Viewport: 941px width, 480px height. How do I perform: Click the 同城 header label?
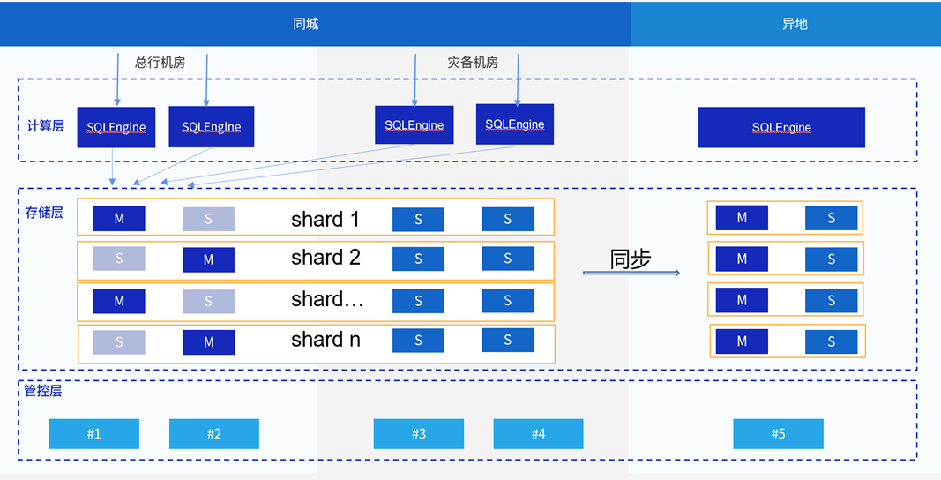click(305, 24)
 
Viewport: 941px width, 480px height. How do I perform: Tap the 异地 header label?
click(795, 24)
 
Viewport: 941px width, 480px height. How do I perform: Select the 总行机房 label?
click(161, 63)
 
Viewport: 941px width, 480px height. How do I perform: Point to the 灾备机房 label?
click(473, 63)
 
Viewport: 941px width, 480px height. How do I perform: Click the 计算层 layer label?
click(46, 126)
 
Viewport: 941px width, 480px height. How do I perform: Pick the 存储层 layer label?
click(44, 213)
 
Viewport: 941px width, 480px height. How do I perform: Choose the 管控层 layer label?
click(43, 391)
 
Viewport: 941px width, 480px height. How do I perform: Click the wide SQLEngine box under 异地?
click(781, 127)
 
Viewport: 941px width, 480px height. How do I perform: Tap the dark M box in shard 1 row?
click(119, 219)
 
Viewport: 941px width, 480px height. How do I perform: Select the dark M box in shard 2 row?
click(208, 259)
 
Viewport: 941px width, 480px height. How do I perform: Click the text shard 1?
click(325, 220)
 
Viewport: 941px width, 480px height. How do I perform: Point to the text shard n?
click(326, 340)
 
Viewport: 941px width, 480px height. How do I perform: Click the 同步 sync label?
click(631, 259)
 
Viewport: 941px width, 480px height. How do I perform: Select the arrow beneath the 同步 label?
click(631, 273)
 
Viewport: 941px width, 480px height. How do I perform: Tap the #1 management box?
click(94, 434)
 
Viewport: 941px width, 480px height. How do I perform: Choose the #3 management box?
click(419, 434)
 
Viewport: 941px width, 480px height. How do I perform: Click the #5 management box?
click(779, 434)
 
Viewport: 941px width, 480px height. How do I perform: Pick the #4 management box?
click(538, 434)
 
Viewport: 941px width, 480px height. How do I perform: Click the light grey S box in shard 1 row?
click(208, 220)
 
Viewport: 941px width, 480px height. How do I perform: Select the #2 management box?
click(214, 434)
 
